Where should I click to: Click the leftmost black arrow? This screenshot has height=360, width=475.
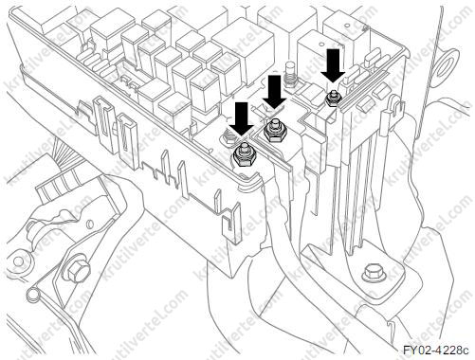coord(242,120)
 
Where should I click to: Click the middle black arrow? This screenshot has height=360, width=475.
coord(274,92)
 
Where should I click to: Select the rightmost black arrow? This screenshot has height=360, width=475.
coord(333,65)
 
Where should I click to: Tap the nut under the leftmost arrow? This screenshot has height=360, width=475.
coord(244,154)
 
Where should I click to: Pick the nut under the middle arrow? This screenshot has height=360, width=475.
coord(275,131)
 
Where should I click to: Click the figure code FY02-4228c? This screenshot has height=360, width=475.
coord(435,350)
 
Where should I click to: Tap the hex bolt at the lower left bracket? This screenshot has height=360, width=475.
coord(77,271)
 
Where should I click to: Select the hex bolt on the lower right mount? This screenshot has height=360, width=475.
coord(374,273)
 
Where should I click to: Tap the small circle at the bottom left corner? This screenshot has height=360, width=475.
coord(32,295)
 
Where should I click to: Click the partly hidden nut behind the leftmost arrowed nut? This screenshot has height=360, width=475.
coord(229,137)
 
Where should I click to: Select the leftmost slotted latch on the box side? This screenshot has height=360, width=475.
coord(104,121)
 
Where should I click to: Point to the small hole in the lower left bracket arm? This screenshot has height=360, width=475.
coord(89,224)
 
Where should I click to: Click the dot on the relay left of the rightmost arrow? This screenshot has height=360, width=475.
coord(321,44)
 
